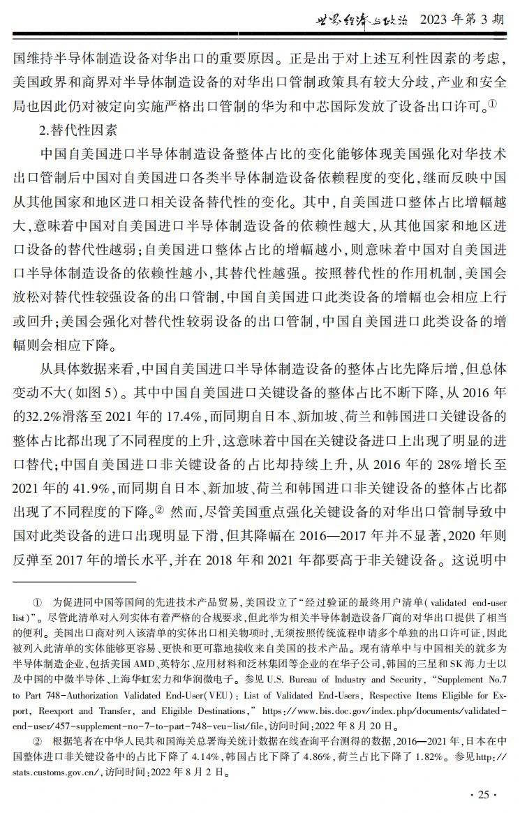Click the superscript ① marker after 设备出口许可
493,104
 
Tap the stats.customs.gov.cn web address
59,773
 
